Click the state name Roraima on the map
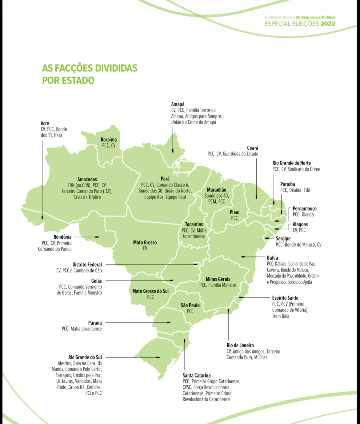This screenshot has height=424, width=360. (x=109, y=139)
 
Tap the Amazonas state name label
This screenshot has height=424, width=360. (x=87, y=179)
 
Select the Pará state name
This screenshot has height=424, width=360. (x=165, y=179)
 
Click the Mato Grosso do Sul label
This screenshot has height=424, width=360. (x=150, y=291)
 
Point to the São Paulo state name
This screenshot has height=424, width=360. (x=190, y=305)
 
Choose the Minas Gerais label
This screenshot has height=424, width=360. (x=218, y=279)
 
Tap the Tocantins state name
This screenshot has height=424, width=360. (x=194, y=224)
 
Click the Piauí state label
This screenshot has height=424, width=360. (x=234, y=212)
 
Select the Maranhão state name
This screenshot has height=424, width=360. (x=216, y=190)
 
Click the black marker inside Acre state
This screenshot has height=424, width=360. (x=42, y=217)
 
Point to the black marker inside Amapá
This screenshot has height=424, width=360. (x=173, y=151)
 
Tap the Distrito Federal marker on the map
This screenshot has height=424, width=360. (x=195, y=264)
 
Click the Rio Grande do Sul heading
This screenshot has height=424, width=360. (x=85, y=357)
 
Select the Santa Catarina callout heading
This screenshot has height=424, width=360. (x=197, y=375)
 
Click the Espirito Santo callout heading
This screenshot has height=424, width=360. (x=285, y=298)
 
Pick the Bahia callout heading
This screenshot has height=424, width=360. (x=272, y=258)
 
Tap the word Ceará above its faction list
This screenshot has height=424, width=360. (x=253, y=148)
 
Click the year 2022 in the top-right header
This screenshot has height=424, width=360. (x=328, y=24)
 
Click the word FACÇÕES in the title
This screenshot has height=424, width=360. (x=74, y=68)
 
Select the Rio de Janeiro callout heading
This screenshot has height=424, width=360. (x=240, y=345)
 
